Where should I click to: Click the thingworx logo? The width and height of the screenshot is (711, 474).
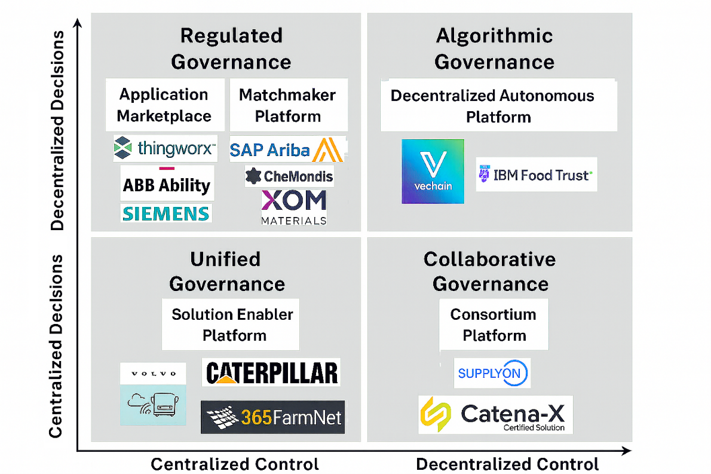click(165, 148)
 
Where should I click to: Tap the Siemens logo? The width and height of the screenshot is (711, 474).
click(166, 213)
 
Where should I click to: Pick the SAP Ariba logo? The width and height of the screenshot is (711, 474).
click(288, 149)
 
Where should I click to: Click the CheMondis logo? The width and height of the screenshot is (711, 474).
click(289, 176)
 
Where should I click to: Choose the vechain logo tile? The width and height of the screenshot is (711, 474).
click(433, 171)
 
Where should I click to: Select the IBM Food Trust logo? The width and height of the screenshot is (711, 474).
click(536, 175)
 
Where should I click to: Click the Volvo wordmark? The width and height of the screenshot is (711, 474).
click(154, 374)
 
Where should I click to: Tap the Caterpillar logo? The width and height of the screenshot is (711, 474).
click(272, 373)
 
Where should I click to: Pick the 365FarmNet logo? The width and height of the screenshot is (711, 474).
click(272, 417)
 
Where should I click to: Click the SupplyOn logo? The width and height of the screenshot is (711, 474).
click(492, 374)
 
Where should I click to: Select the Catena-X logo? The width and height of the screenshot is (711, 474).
click(495, 414)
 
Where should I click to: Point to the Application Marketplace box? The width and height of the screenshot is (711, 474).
click(164, 105)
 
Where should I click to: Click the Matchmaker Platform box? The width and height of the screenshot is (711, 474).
click(288, 105)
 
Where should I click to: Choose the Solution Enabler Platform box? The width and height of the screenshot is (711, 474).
click(232, 325)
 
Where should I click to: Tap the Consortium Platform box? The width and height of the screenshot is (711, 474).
click(494, 325)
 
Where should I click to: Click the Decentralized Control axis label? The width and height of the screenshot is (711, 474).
click(507, 464)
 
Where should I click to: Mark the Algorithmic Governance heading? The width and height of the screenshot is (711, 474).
click(494, 49)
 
